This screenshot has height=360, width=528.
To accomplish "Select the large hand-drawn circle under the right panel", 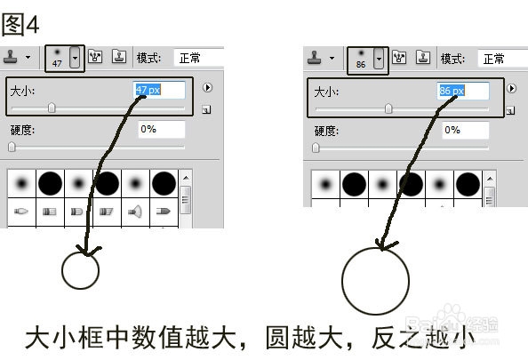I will coord(375,283).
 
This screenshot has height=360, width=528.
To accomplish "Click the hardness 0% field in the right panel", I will coord(464,130).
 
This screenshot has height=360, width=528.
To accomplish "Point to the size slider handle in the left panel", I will coord(52,108).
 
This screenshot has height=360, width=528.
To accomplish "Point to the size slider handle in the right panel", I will coord(388,109).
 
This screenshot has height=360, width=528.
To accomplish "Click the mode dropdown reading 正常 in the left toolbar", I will coord(198,58).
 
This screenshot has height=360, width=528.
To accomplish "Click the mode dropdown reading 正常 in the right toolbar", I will coord(502,59).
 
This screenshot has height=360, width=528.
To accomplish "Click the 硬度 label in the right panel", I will coord(325,130).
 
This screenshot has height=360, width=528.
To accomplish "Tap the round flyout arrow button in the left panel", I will coord(207,88).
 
